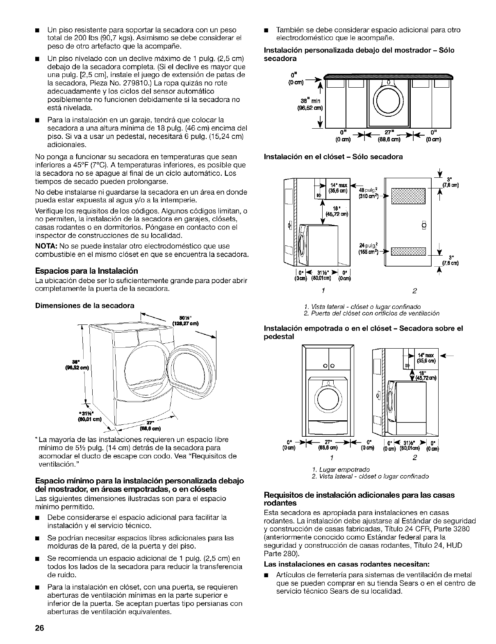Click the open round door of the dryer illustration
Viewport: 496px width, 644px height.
tap(187, 365)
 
